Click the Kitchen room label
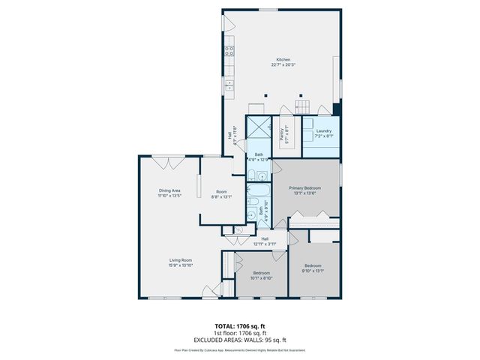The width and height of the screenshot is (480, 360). click(x=283, y=60)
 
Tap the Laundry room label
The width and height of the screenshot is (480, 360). click(x=323, y=131)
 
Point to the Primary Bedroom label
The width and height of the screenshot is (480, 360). click(x=307, y=187)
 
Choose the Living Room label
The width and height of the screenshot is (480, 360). click(x=180, y=259)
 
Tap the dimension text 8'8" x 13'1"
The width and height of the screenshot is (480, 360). click(x=221, y=196)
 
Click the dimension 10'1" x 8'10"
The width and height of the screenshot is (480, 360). click(x=262, y=278)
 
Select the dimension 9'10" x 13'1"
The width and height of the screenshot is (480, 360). click(x=313, y=271)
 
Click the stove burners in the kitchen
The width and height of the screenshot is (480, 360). click(x=229, y=51)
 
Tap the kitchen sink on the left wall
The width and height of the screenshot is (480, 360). click(x=229, y=85)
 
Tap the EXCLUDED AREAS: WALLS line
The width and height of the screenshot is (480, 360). click(x=239, y=339)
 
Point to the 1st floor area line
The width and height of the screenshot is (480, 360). click(x=239, y=333)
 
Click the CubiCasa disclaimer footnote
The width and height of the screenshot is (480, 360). click(x=239, y=350)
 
